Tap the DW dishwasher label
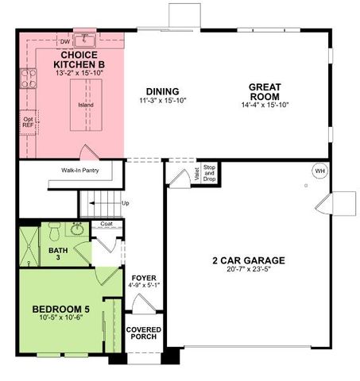(x=65, y=40)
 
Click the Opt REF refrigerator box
(x=28, y=122)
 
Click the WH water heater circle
(x=319, y=171)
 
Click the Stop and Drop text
(x=210, y=172)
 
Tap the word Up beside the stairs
(x=125, y=203)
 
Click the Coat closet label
(x=106, y=225)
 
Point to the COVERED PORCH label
(x=143, y=333)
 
